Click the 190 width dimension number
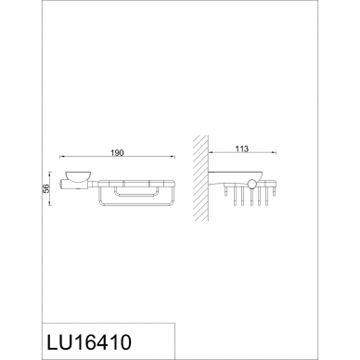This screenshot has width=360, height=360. tap(117, 153)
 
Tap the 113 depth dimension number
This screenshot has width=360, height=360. tap(241, 149)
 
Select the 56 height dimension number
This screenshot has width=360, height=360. tap(45, 188)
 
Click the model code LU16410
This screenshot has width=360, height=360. tap(89, 342)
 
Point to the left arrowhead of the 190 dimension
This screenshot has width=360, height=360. tap(61, 157)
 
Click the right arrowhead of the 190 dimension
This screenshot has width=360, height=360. tap(173, 157)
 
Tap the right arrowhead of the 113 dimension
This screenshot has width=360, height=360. tap(274, 152)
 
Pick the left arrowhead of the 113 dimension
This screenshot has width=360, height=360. tap(211, 152)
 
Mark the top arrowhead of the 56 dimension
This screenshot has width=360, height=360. tap(50, 174)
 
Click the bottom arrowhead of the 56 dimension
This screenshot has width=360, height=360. tap(50, 203)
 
